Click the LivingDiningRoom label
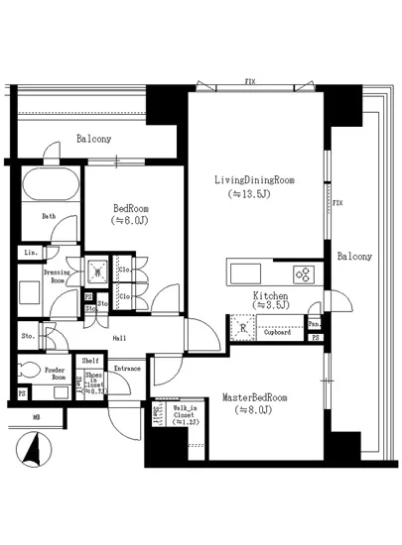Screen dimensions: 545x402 pyautogui.click(x=256, y=180)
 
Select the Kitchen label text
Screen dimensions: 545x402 pyautogui.click(x=270, y=296)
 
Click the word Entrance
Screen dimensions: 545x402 pyautogui.click(x=127, y=370)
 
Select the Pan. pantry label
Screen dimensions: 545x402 pyautogui.click(x=314, y=324)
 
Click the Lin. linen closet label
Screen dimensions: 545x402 pyautogui.click(x=29, y=254)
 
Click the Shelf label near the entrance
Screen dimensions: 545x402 pyautogui.click(x=90, y=361)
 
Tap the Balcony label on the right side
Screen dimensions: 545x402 pyautogui.click(x=353, y=257)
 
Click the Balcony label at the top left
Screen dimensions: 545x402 pyautogui.click(x=94, y=140)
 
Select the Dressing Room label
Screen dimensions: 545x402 pyautogui.click(x=56, y=276)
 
